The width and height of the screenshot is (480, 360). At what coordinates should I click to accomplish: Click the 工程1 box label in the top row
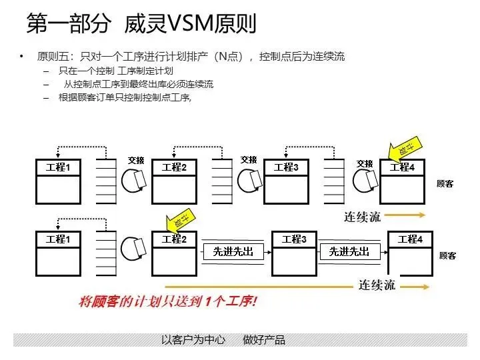click(x=58, y=167)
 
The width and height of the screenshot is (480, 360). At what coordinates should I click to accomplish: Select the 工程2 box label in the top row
click(x=174, y=167)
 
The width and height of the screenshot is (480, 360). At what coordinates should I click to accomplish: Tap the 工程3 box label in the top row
click(x=287, y=167)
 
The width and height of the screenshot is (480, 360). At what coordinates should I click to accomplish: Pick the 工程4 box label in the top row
click(x=402, y=167)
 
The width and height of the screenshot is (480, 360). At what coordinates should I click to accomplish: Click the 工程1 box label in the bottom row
click(x=58, y=239)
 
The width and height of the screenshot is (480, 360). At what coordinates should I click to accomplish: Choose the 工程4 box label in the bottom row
click(x=410, y=239)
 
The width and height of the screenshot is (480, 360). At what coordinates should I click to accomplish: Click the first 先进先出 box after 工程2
click(x=233, y=252)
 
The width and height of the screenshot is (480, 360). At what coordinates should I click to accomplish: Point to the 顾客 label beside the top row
click(x=445, y=184)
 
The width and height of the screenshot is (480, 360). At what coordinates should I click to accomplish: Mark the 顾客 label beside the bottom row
click(x=448, y=256)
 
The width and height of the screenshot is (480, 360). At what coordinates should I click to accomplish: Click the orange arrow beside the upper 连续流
click(x=405, y=215)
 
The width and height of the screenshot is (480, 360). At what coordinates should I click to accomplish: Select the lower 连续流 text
click(x=377, y=285)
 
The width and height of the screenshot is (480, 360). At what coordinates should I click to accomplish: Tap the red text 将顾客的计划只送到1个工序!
click(x=167, y=301)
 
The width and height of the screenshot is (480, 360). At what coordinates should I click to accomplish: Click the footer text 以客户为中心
click(x=194, y=340)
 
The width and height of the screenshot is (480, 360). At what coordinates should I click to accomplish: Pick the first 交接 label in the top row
click(x=136, y=161)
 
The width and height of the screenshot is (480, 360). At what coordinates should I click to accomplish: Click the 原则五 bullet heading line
click(x=191, y=56)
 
